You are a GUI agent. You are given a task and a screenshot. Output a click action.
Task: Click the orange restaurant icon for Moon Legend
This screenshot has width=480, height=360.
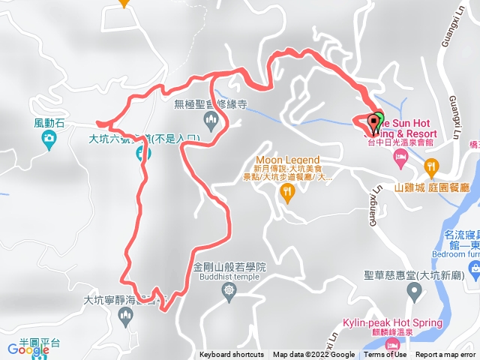click(287, 192)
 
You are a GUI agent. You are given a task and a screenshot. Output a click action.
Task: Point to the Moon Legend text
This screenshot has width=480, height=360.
click(287, 160)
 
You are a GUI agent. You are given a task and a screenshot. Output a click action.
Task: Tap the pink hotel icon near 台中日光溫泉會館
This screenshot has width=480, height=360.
click(401, 155)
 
